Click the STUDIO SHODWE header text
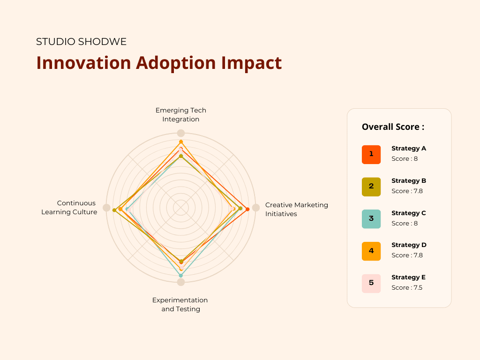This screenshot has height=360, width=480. click(x=81, y=42)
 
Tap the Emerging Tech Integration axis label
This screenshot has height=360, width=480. click(x=181, y=115)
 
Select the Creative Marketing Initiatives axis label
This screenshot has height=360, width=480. click(x=296, y=209)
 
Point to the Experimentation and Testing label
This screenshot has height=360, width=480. click(x=180, y=304)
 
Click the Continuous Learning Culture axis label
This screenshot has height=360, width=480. click(x=69, y=208)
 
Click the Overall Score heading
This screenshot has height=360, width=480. click(x=393, y=127)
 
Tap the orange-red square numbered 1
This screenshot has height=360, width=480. click(x=371, y=154)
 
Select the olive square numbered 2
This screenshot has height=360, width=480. click(x=371, y=187)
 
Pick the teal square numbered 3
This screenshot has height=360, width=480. click(x=371, y=219)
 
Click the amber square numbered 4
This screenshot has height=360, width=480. click(x=371, y=251)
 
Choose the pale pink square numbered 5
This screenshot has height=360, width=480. click(x=371, y=283)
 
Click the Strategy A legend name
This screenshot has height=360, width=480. click(x=409, y=149)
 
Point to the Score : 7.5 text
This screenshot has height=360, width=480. click(x=407, y=287)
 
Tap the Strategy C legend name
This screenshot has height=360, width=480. click(x=409, y=213)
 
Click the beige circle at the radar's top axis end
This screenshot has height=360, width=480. click(x=181, y=133)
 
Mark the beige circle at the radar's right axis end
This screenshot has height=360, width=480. click(x=256, y=208)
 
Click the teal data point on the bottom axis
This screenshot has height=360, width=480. click(x=181, y=276)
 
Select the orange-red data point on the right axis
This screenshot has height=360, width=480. click(x=247, y=209)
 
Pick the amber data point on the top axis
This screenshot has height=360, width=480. click(x=181, y=142)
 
